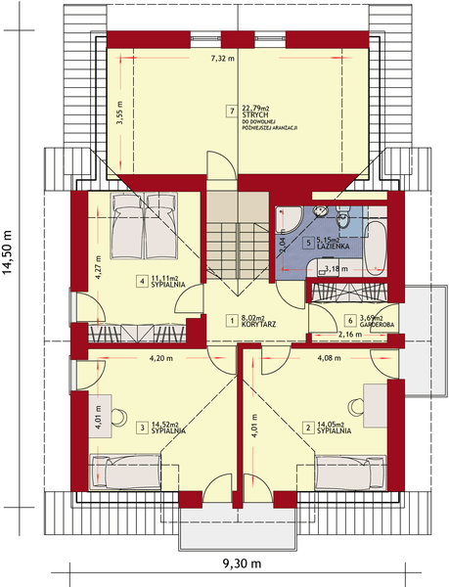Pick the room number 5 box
pyautogui.click(x=307, y=243)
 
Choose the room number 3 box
pyautogui.click(x=142, y=427)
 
